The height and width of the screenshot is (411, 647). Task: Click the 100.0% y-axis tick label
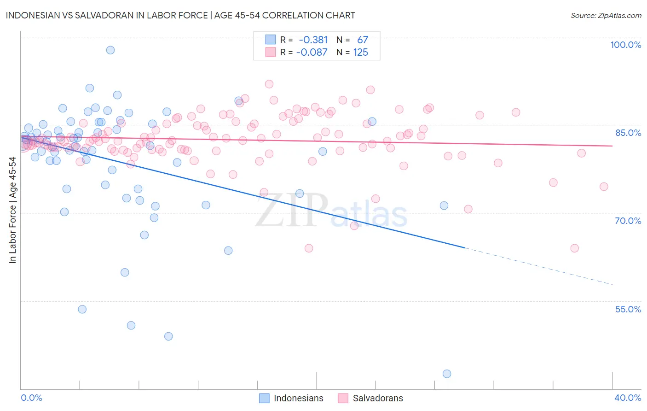pyautogui.click(x=625, y=45)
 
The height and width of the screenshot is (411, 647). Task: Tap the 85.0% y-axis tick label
pyautogui.click(x=628, y=133)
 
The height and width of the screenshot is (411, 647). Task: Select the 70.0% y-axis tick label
pyautogui.click(x=628, y=221)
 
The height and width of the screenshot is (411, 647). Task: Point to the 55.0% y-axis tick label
pyautogui.click(x=628, y=309)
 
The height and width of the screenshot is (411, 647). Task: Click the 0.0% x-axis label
pyautogui.click(x=31, y=398)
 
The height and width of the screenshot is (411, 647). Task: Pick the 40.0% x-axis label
pyautogui.click(x=628, y=398)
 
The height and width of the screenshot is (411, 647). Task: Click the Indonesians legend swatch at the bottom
pyautogui.click(x=264, y=398)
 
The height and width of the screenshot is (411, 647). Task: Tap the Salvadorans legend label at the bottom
pyautogui.click(x=377, y=398)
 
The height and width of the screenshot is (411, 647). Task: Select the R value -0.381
pyautogui.click(x=313, y=40)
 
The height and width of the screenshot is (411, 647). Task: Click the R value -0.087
pyautogui.click(x=312, y=53)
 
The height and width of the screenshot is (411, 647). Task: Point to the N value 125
pyautogui.click(x=360, y=53)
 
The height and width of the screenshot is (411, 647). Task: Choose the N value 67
pyautogui.click(x=363, y=40)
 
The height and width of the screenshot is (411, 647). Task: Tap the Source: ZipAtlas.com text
pyautogui.click(x=606, y=16)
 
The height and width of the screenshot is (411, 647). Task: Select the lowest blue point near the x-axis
pyautogui.click(x=447, y=374)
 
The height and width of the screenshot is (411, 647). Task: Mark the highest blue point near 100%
pyautogui.click(x=110, y=50)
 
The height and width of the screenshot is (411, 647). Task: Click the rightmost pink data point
pyautogui.click(x=604, y=187)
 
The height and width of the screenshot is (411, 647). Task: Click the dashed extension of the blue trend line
pyautogui.click(x=538, y=266)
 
